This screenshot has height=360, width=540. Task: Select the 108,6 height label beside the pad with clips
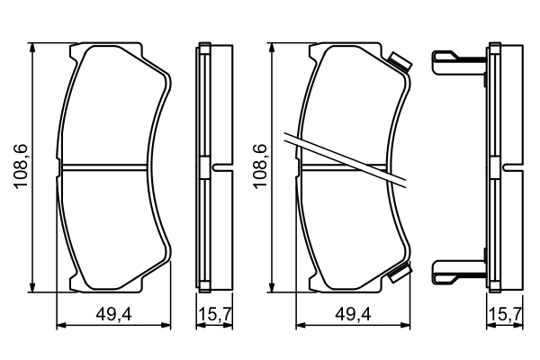click(x=260, y=168)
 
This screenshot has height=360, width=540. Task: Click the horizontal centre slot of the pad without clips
click(x=107, y=167)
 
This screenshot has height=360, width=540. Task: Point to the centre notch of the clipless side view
click(x=220, y=167)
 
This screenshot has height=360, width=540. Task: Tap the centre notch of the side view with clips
click(x=510, y=167)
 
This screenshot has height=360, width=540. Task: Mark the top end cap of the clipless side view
click(x=204, y=47)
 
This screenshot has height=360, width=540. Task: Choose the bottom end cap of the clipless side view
click(x=204, y=288)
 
